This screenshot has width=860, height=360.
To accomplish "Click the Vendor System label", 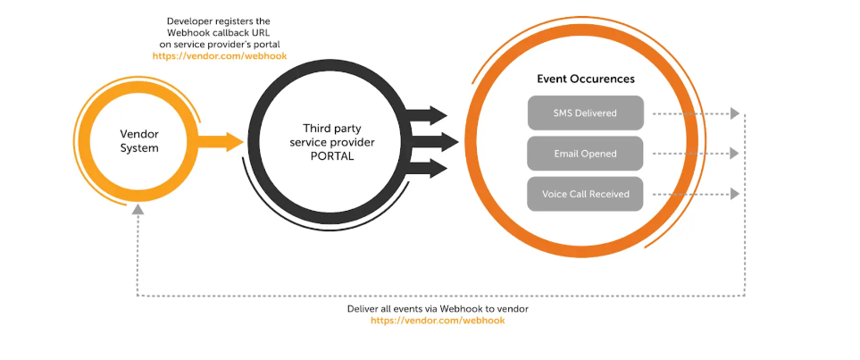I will coord(138,140).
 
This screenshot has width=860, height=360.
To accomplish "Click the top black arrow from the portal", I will coord(426,115).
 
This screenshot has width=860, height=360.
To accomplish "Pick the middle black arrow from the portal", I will coord(432,141).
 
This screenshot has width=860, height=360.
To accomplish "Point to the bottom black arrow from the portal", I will coord(426,167).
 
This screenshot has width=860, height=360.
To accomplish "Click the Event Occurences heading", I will coord(585,79).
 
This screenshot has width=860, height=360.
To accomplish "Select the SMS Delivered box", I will coord(585,113).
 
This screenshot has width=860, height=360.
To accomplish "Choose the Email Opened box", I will coord(585,154).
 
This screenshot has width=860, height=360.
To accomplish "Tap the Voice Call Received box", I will coord(585,194).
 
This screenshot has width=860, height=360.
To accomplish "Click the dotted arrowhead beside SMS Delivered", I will coord(734,113).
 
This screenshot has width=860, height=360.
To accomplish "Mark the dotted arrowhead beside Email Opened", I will coord(734,154).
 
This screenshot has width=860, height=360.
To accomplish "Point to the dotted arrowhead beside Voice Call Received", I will coord(734,194).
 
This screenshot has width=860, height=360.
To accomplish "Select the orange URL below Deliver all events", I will coord(438,320).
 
